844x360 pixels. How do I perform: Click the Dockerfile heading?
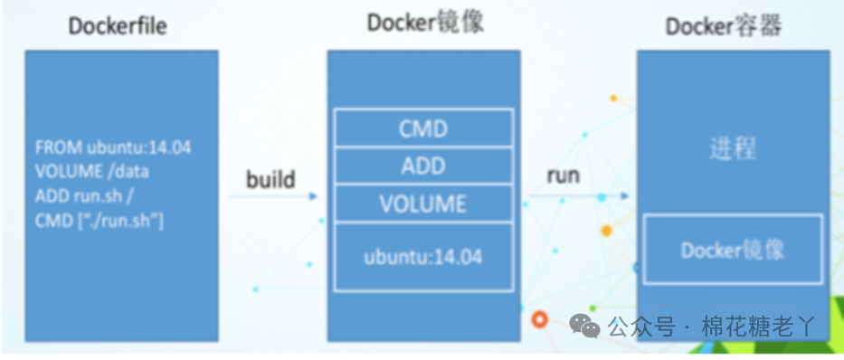pyautogui.click(x=118, y=26)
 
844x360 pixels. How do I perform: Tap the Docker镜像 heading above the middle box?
pyautogui.click(x=425, y=24)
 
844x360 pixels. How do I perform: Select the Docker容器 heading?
pyautogui.click(x=723, y=26)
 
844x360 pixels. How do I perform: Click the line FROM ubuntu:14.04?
pyautogui.click(x=113, y=147)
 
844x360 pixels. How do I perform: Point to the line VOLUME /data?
pyautogui.click(x=92, y=172)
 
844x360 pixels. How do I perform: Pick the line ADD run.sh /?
pyautogui.click(x=84, y=196)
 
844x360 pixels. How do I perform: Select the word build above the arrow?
pyautogui.click(x=271, y=179)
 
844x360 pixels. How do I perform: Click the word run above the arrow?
pyautogui.click(x=563, y=175)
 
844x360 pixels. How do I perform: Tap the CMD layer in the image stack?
pyautogui.click(x=423, y=128)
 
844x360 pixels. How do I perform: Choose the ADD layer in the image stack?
pyautogui.click(x=423, y=166)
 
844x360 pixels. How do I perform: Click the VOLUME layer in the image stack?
pyautogui.click(x=423, y=203)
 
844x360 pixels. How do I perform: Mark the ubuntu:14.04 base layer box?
pyautogui.click(x=423, y=257)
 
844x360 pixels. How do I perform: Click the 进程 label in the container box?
pyautogui.click(x=733, y=148)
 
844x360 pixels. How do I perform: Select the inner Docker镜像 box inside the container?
pyautogui.click(x=733, y=249)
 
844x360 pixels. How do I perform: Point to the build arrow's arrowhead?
pyautogui.click(x=313, y=196)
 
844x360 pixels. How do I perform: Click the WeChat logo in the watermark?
pyautogui.click(x=584, y=325)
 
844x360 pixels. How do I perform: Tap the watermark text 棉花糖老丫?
pyautogui.click(x=758, y=327)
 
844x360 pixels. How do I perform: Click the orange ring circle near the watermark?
pyautogui.click(x=539, y=319)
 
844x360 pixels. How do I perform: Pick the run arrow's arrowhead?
pyautogui.click(x=624, y=196)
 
